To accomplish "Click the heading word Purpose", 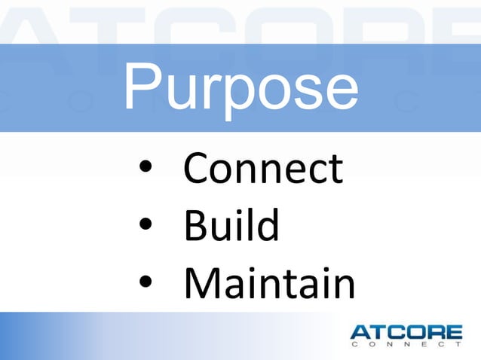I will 240,89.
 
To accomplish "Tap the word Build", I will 231,225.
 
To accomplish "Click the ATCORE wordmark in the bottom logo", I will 406,332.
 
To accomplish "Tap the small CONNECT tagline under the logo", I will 406,346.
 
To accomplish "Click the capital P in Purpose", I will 142,86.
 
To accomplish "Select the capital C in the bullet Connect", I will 197,169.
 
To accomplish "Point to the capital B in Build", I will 196,225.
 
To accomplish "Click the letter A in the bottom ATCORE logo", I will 360,332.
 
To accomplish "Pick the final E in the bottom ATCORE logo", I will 454,332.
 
